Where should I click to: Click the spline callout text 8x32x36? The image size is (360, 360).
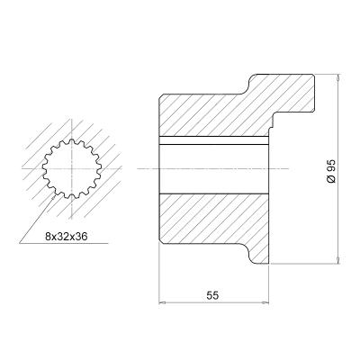point(66,237)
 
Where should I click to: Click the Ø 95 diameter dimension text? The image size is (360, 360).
point(331,171)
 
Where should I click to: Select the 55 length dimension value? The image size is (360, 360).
point(212,295)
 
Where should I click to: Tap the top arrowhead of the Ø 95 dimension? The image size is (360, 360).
point(338,76)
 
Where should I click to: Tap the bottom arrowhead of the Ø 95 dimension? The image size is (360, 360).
point(338,260)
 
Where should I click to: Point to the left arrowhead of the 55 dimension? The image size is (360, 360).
point(162,302)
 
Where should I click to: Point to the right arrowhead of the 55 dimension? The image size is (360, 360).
point(265,302)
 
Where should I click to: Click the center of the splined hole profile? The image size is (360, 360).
point(72,168)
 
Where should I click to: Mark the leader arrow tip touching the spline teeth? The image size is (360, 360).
point(54,196)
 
